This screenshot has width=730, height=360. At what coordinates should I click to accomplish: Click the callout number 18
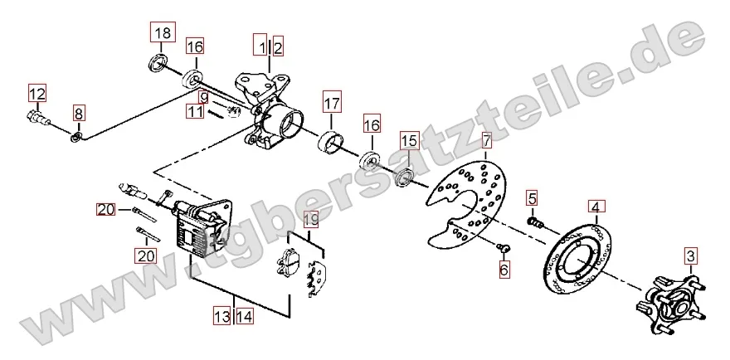[x=163, y=32]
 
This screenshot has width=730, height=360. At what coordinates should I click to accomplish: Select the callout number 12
[x=37, y=94]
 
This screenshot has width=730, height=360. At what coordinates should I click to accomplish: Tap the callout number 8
[x=78, y=113]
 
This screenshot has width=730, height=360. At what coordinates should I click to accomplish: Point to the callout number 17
[x=332, y=103]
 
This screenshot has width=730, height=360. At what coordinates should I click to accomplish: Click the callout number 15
[x=409, y=141]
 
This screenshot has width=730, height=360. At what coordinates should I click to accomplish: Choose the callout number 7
[x=485, y=139]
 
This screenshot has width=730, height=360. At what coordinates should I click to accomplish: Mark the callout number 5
[x=532, y=198]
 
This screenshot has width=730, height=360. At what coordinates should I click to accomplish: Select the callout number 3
[x=691, y=255]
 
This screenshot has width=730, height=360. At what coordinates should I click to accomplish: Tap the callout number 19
[x=311, y=219]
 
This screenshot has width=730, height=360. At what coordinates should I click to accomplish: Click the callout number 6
[x=504, y=269]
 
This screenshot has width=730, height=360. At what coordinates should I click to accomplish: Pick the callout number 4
[x=596, y=207]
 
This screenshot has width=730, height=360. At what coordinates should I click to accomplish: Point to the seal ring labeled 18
[x=158, y=63]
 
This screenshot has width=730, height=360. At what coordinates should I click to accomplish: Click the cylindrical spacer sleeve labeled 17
[x=331, y=142]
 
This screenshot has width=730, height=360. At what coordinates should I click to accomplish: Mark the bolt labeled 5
[x=536, y=222]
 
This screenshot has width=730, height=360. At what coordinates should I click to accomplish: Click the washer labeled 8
[x=77, y=137]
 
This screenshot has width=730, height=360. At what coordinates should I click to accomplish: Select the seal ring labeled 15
[x=404, y=179]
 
